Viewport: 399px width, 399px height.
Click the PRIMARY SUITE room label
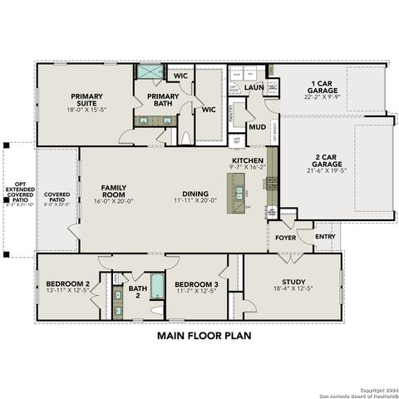tap(86, 101)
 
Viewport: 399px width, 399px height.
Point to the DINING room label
tap(195, 191)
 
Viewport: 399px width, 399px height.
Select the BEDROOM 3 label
tap(196, 284)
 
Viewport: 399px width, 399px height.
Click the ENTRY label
tap(327, 238)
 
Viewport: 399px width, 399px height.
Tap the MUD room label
tap(258, 127)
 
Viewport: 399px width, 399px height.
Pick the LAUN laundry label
tap(254, 86)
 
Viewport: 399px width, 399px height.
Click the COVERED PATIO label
tap(57, 196)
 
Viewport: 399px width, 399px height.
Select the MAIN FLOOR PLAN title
tap(203, 337)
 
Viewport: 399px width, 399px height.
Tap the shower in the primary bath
tap(150, 72)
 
